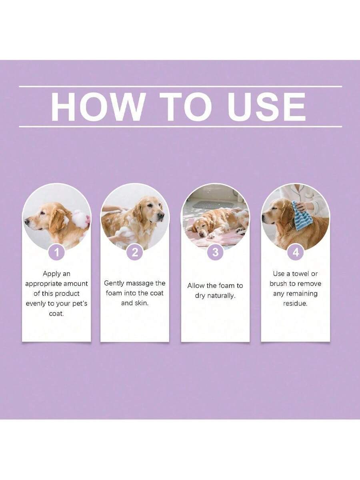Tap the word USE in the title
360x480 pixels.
click(267, 107)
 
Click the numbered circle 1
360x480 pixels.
click(56, 252)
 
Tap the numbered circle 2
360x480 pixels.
click(135, 252)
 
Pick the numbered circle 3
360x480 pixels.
click(216, 252)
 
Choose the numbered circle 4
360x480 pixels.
click(296, 252)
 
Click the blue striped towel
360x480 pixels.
click(302, 216)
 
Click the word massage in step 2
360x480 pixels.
click(139, 283)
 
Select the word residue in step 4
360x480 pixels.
click(295, 304)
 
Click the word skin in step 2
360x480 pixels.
click(141, 303)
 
